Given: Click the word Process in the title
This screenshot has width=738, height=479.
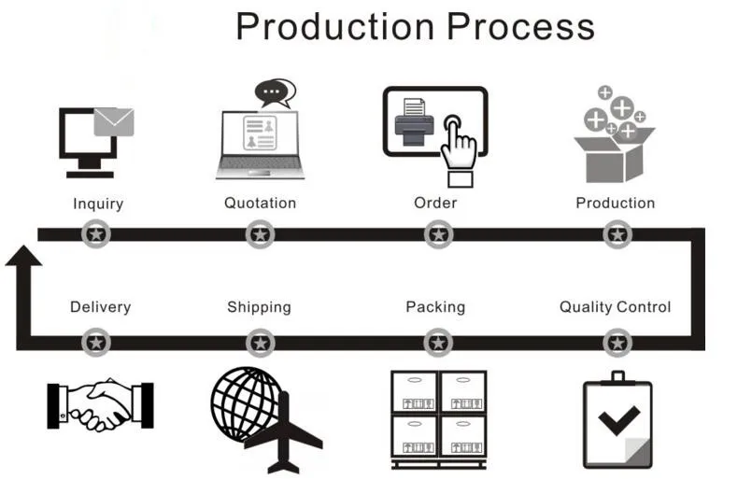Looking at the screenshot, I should tap(520, 26).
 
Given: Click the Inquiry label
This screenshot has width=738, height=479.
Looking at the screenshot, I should tap(98, 204).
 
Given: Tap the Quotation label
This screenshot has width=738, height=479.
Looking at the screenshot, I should tap(260, 203).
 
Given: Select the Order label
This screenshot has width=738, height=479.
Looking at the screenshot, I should tap(435, 203).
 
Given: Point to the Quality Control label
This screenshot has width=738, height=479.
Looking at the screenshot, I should tap(615, 306).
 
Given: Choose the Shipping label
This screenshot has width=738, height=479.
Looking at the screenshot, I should tap(259, 306).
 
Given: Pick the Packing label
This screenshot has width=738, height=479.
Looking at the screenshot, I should tap(434, 306).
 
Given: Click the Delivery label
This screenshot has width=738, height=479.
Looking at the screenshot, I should tap(100, 306).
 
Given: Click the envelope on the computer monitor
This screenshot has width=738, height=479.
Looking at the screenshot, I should tap(114, 121).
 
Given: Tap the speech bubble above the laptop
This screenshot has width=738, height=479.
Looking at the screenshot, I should tap(274, 92).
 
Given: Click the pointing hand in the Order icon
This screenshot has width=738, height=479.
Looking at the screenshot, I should tap(459, 148).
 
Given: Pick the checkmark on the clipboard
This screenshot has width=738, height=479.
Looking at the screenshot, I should tap(617, 419).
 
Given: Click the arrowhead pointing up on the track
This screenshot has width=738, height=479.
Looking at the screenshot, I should tap(24, 254).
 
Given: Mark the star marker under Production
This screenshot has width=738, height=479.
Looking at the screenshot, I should tap(616, 233).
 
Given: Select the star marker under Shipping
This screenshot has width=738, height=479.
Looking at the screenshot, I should tap(260, 344).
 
